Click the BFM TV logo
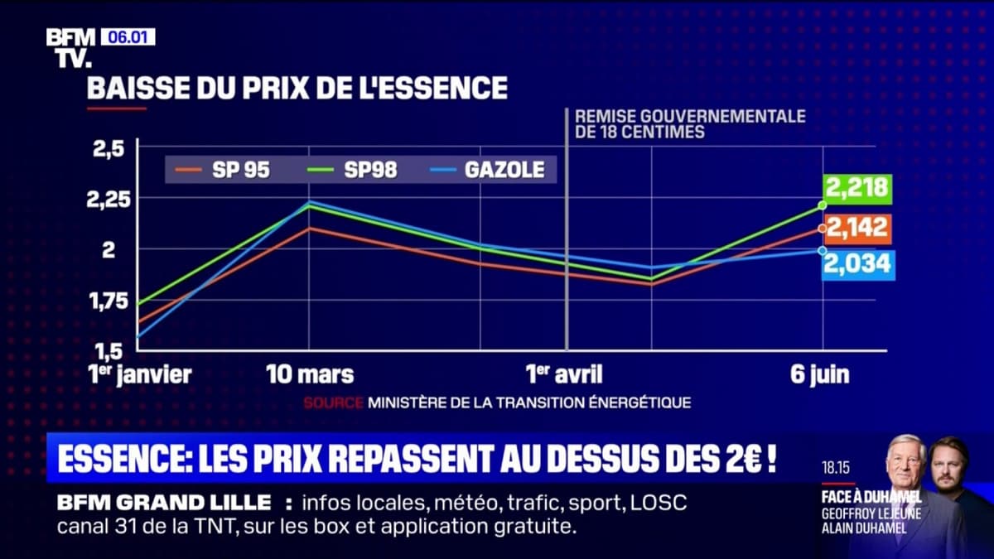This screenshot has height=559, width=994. tap(70, 47)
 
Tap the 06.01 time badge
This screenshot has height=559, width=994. tap(128, 36)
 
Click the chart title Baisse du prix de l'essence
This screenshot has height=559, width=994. tap(297, 88)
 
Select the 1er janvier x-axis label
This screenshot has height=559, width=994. tap(139, 374)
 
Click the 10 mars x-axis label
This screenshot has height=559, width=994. tap(310, 374)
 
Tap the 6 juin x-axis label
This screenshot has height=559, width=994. tap(819, 374)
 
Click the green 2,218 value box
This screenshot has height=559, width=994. tap(856, 189)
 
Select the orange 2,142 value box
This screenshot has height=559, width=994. tap(856, 227)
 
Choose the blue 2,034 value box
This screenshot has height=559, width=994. tap(856, 264)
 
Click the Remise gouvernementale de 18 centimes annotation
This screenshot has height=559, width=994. tap(689, 123)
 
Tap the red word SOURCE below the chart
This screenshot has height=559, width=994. tap(333, 402)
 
